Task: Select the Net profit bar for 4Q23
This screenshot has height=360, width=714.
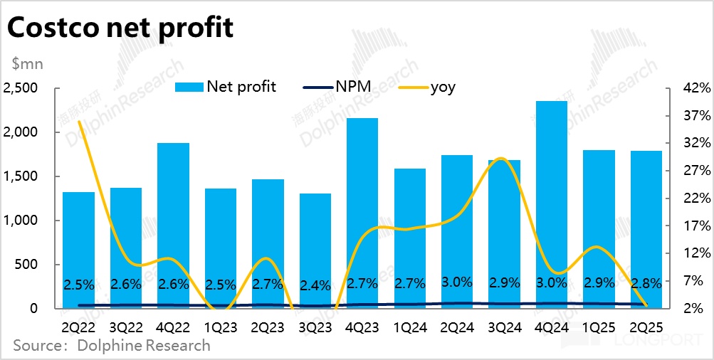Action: tap(362, 213)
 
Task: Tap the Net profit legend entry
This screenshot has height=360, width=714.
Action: tap(226, 88)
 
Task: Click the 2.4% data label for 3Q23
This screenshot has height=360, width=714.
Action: tap(315, 286)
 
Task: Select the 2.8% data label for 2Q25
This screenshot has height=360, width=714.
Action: tap(646, 282)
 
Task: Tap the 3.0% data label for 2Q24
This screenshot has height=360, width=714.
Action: tap(457, 282)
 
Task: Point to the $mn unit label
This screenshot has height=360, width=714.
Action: tap(27, 64)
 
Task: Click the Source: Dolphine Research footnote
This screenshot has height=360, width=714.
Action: tap(112, 346)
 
